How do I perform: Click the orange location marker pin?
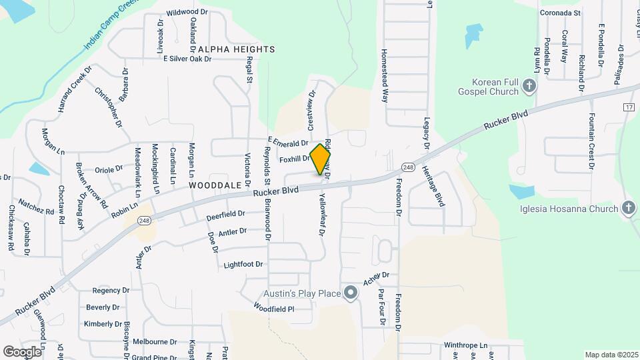point(321,159)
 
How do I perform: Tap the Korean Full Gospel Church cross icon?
point(529,85)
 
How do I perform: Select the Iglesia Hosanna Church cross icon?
point(628,209)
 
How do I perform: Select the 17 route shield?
point(629,107)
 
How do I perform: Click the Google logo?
point(23,351)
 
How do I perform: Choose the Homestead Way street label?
point(384,75)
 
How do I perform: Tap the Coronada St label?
point(561,13)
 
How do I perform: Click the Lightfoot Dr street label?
point(243,265)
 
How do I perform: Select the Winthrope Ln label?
point(466,346)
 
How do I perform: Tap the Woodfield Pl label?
point(273,309)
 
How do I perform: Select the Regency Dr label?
point(110,291)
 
